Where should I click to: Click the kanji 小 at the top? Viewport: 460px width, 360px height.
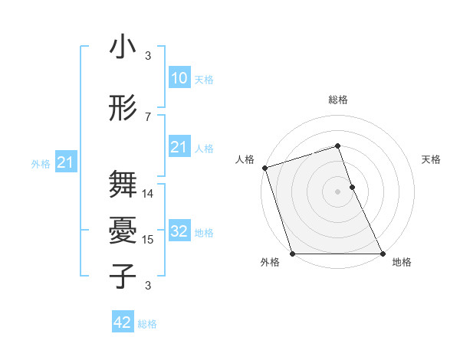pos(123,47)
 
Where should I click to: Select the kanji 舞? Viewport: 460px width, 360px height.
pos(123,185)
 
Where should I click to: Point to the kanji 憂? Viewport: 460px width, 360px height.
pos(123,231)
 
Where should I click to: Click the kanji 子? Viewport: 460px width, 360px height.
pos(123,276)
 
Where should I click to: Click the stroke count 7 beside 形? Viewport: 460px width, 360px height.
pos(148,116)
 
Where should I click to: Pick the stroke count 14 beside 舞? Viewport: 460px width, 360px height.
pos(149,194)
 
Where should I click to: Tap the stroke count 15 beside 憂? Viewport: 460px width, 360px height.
pos(149,240)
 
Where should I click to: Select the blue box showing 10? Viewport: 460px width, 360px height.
pos(179,78)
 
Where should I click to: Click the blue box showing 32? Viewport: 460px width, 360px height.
pos(179,231)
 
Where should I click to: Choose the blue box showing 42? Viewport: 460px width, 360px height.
pos(123,322)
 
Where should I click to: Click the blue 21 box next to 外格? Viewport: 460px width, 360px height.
pos(65,162)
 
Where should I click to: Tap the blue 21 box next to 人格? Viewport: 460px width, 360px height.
pos(179,147)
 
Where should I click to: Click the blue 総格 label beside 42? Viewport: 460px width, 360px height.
pos(147,324)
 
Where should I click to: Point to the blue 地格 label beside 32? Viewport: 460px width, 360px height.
pos(204,233)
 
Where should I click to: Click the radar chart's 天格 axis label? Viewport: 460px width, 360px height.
pos(432,159)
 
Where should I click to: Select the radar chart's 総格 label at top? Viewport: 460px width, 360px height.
pos(338,100)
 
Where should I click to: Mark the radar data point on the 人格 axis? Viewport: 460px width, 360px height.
pos(264,167)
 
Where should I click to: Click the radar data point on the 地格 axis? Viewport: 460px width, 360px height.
pos(383,254)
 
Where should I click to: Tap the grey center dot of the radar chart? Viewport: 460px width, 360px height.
pos(338,191)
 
